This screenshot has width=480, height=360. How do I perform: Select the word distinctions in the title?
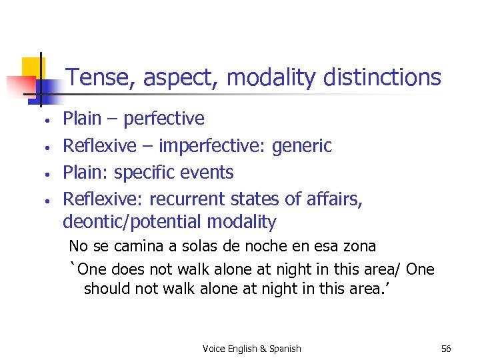[x=382, y=78]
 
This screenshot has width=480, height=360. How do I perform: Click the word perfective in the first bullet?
[x=164, y=119]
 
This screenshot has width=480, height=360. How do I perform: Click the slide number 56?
[x=446, y=349]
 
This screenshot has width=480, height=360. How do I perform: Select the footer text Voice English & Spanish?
[x=252, y=349]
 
